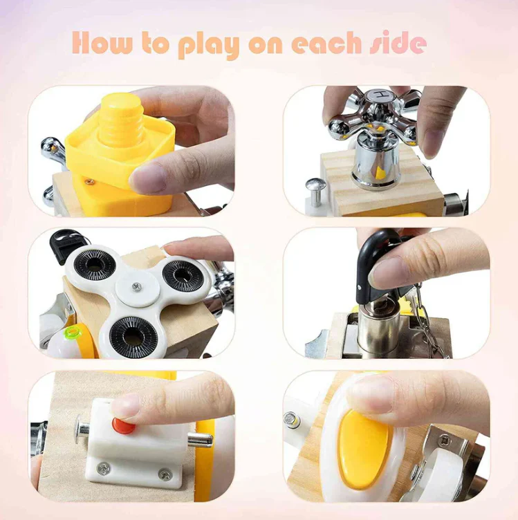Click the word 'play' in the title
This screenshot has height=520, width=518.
209,45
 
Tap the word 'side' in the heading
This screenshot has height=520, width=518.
398,43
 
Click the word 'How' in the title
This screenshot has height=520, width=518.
102,43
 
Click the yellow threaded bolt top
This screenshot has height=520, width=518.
122,120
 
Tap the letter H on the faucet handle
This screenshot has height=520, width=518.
379,95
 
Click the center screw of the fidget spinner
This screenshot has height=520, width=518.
136,286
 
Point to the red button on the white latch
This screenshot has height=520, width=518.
123,425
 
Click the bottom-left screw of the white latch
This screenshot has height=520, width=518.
104,468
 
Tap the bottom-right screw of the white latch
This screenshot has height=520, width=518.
165,474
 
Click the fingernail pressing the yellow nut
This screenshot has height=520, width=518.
147,178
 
